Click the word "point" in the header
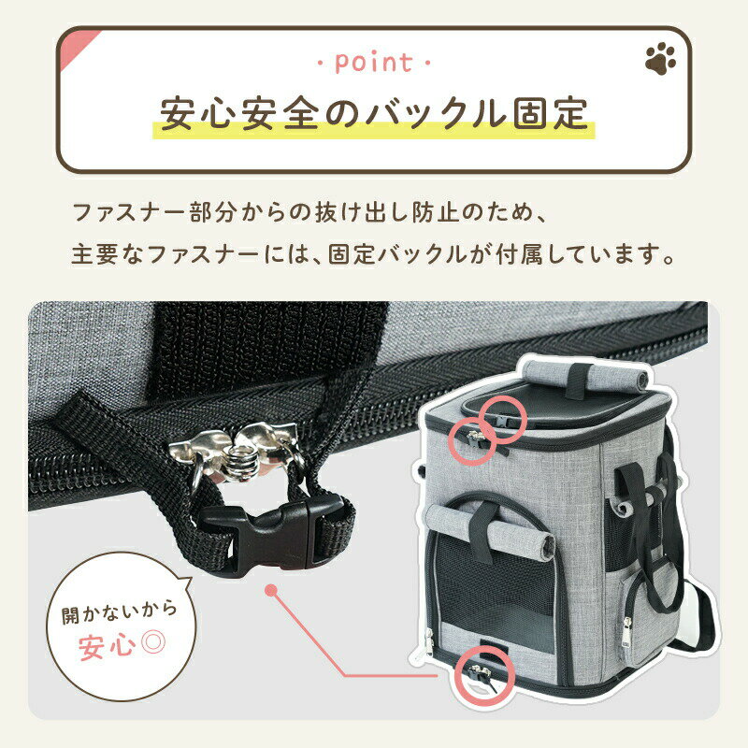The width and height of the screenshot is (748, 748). click(373, 64)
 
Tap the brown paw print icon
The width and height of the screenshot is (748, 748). click(660, 61)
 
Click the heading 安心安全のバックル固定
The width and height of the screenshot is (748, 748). click(374, 113)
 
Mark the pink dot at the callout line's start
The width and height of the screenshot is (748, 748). click(271, 591)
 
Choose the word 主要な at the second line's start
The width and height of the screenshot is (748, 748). click(102, 253)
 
